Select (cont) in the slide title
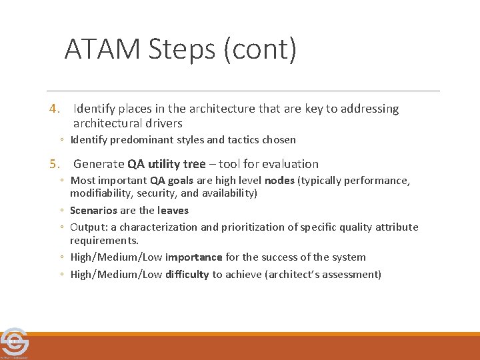tap(261, 50)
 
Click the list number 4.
tap(56, 109)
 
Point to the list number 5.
tap(56, 164)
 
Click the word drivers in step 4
tap(161, 123)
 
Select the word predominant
tap(141, 140)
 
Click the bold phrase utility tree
tap(177, 164)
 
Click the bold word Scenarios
tap(93, 211)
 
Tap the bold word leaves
tap(173, 211)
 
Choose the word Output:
tap(93, 227)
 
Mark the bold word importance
tap(194, 257)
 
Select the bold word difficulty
tap(187, 275)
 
